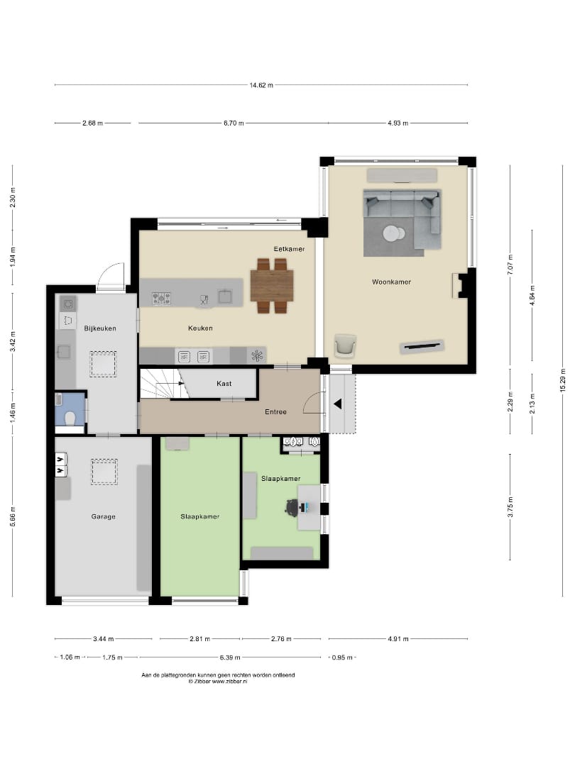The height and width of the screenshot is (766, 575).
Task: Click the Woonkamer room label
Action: pos(391,282)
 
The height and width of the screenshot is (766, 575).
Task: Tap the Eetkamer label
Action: pos(289,248)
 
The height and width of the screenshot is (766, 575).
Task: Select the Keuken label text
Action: pos(200,328)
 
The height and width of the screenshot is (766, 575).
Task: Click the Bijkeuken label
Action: pos(99,328)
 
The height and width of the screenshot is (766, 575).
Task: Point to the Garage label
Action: pos(103,516)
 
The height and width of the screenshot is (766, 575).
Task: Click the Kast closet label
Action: pos(224,383)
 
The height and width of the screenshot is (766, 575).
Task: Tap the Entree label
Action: pos(276,411)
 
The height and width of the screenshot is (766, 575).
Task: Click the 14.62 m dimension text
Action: pos(261,85)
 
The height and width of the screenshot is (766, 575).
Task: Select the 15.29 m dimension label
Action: pos(562,379)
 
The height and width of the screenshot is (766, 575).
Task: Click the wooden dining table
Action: pos(272,285)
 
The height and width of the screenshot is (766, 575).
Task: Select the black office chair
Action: pos(292,506)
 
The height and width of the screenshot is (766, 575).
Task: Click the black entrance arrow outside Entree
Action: pos(339,404)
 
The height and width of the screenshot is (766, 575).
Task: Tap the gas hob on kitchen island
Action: pos(161,299)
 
